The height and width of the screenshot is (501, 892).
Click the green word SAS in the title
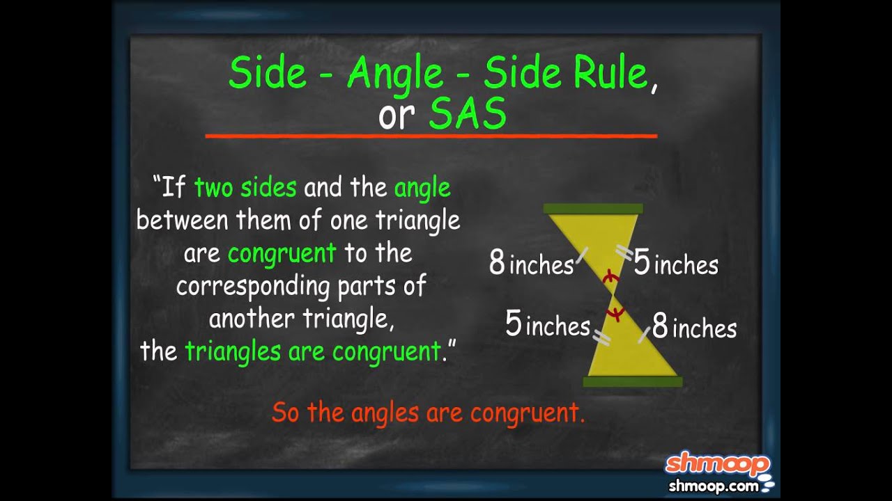(467, 116)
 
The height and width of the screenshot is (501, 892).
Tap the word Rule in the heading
(610, 74)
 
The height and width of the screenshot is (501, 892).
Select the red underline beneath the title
(431, 136)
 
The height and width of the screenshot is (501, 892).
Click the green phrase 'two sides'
(245, 188)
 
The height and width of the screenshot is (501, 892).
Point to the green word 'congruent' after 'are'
(282, 253)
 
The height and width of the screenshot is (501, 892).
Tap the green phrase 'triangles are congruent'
(313, 351)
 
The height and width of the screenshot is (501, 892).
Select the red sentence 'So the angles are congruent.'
(428, 413)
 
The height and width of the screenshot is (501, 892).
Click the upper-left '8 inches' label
(531, 264)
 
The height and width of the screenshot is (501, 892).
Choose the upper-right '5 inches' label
(675, 264)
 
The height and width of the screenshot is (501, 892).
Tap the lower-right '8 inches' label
(694, 327)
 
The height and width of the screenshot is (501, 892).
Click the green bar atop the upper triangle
(593, 209)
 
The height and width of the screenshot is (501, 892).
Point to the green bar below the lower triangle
(632, 381)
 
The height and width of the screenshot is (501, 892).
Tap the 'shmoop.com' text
(713, 486)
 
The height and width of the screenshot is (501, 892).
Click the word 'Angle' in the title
(395, 74)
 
